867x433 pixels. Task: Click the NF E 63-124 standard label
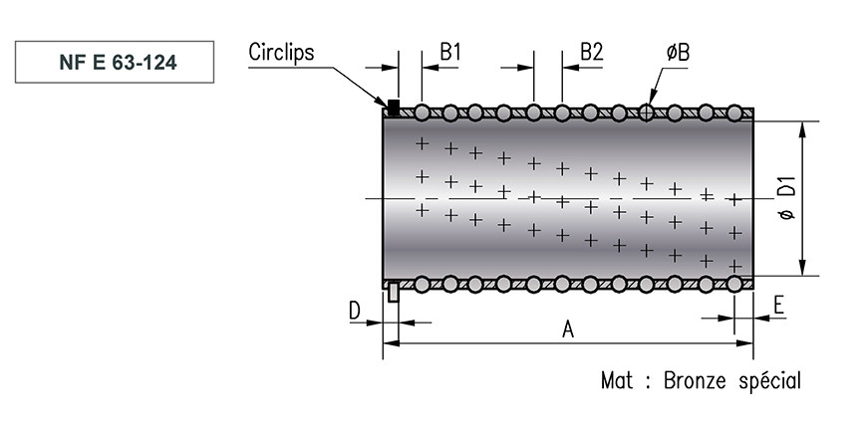pos(118,63)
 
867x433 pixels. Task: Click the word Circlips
pos(281,52)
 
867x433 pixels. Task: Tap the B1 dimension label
pos(450,52)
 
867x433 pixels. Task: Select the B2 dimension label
pos(591,52)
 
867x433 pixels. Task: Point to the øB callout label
pos(678,53)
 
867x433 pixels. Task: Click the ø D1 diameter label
pos(787,198)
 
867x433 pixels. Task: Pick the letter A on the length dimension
pos(568,329)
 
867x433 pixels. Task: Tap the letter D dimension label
pos(355,311)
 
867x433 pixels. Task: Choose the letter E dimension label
pos(778,305)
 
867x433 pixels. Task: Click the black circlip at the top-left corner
pos(393,108)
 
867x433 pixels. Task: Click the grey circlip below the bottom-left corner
pos(393,292)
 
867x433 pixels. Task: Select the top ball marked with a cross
pos(646,113)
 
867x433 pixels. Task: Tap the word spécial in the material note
pos(770,381)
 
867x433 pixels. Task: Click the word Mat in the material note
pos(617,380)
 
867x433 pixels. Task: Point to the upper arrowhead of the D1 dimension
pos(803,128)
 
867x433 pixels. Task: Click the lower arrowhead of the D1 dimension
pos(803,268)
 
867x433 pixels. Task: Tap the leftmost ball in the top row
pos(422,113)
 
